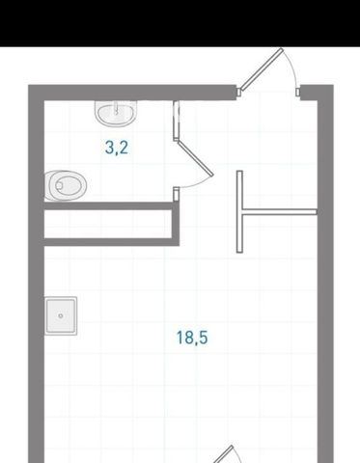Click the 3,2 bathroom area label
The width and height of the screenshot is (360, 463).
click(117, 148)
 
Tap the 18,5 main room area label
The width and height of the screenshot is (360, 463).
click(192, 338)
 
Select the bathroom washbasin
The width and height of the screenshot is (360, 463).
click(117, 114)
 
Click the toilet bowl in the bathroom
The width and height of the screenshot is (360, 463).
click(66, 185)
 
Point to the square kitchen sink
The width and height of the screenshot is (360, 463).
click(61, 315)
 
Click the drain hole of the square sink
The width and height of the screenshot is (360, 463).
click(61, 315)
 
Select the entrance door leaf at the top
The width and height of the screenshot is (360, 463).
click(262, 68)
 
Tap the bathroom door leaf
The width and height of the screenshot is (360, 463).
click(195, 159)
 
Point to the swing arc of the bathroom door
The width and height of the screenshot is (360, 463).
click(198, 184)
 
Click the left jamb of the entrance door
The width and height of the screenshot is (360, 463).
click(239, 92)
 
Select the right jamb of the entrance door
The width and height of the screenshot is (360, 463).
click(298, 92)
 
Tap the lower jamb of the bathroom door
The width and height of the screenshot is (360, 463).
click(176, 194)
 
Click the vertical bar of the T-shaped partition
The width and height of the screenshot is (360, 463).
click(239, 211)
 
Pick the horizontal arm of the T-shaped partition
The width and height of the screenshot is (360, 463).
click(280, 211)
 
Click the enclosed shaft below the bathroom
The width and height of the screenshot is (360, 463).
click(108, 224)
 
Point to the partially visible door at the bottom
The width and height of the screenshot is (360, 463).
click(225, 454)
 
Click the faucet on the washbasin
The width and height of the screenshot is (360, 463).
click(116, 108)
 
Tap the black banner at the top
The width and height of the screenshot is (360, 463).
click(180, 23)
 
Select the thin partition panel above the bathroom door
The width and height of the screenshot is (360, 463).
click(176, 121)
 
